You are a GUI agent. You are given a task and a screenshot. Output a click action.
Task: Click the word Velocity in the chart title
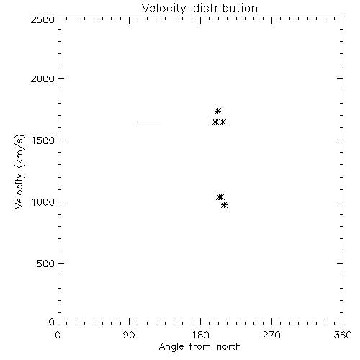163,9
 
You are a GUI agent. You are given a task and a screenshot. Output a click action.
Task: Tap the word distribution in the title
225,8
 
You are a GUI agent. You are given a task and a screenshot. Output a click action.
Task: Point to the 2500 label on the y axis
42,19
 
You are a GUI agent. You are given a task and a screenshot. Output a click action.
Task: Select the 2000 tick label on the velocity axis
42,78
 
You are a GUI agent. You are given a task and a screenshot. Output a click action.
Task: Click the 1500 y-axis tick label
43,140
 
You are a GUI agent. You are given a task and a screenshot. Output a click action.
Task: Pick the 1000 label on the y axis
43,202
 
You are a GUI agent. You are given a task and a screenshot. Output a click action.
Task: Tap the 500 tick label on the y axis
46,264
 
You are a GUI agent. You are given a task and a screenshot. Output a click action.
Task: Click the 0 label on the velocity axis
52,322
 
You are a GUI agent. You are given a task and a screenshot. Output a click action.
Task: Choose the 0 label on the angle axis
58,335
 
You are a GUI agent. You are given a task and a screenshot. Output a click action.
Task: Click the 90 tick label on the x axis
129,335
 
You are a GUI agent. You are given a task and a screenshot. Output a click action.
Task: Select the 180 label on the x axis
200,335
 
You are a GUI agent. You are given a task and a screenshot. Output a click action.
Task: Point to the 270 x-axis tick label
271,335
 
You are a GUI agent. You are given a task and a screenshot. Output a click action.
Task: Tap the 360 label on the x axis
343,335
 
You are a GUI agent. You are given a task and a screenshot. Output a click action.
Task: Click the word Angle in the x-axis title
171,347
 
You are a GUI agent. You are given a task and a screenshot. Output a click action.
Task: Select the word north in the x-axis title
229,346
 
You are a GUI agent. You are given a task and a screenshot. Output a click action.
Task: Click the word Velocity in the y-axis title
19,191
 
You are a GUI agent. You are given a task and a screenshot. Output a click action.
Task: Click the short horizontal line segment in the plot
149,122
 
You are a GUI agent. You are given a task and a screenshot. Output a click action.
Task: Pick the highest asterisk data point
217,111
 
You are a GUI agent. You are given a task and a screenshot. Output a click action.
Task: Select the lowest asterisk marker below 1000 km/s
225,204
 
